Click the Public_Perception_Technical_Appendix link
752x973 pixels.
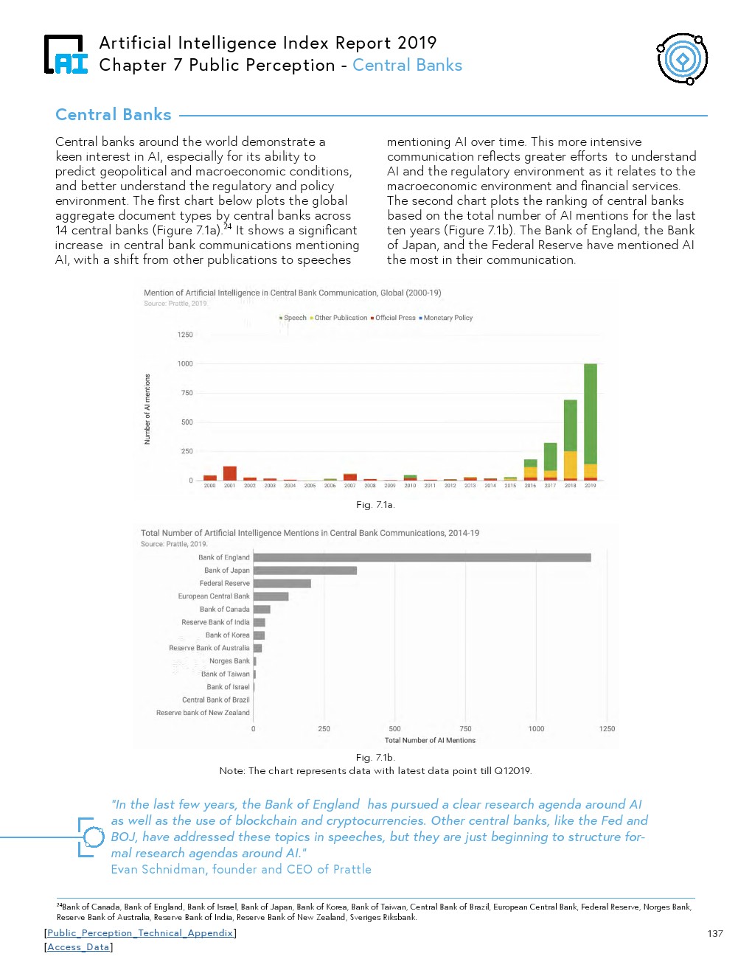(x=140, y=933)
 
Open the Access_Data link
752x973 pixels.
(x=78, y=947)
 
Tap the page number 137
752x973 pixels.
(x=715, y=934)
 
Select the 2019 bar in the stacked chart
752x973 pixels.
(x=591, y=422)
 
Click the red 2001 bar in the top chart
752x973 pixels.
(x=230, y=473)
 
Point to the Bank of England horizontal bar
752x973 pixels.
(x=422, y=557)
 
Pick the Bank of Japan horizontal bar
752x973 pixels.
(x=305, y=571)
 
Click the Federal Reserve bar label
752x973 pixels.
(x=224, y=584)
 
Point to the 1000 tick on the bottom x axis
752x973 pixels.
(x=536, y=728)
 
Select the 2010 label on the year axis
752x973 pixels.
(x=410, y=485)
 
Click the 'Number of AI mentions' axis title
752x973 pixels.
(x=147, y=409)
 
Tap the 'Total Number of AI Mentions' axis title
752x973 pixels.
(x=430, y=741)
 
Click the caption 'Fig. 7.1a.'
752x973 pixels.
(x=375, y=505)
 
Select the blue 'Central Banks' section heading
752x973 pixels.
(x=114, y=115)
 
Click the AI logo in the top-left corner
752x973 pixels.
(x=66, y=55)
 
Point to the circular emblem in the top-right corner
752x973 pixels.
(x=682, y=59)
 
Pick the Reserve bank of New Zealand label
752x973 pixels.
(x=203, y=713)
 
